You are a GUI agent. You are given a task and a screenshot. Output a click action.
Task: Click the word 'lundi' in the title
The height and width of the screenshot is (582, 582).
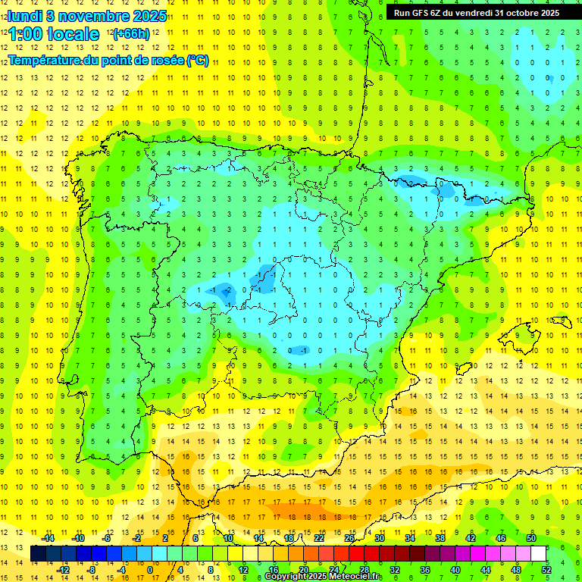pos(24,15)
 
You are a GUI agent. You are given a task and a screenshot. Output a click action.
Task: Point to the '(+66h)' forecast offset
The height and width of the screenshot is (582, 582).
pos(131,34)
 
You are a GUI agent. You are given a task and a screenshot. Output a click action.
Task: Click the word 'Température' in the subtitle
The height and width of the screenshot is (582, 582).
pos(45,60)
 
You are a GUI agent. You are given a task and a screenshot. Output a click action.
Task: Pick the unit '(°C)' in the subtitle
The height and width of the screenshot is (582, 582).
pos(197,60)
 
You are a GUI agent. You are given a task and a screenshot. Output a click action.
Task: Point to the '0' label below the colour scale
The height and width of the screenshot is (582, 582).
pos(150,570)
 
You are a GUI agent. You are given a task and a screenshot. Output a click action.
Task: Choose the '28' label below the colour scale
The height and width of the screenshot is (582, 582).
pos(365,570)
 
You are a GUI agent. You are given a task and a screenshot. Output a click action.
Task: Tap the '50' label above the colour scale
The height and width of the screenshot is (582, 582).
pos(530,538)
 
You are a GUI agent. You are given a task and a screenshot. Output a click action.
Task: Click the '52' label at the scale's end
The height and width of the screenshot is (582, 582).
pos(546,570)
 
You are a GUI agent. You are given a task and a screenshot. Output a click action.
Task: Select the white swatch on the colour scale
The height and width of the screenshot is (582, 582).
pos(538,554)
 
